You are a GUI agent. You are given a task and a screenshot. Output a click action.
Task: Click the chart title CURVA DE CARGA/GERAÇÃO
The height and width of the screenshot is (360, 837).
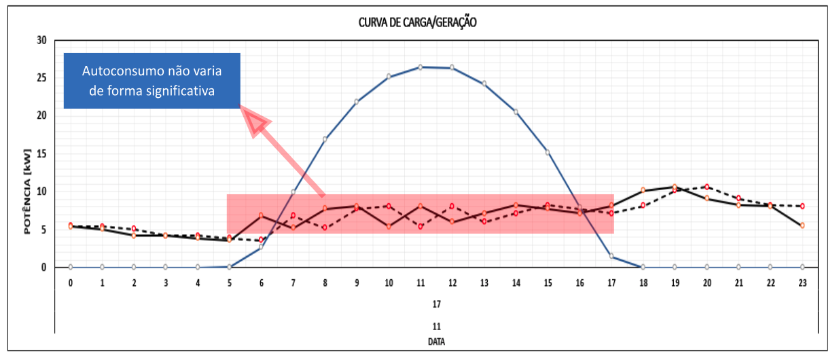tap(418, 22)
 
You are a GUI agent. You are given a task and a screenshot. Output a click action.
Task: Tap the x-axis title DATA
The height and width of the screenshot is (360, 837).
tap(437, 342)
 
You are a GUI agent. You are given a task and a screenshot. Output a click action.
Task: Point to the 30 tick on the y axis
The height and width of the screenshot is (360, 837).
tap(41, 40)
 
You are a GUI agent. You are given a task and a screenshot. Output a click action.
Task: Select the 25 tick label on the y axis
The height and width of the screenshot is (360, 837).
tap(41, 78)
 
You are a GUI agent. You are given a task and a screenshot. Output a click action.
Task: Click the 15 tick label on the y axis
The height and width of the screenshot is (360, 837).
tap(41, 154)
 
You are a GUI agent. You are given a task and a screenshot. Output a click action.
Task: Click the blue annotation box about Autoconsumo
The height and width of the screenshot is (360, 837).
tap(152, 81)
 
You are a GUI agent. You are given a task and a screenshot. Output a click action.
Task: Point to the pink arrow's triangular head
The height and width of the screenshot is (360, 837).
tap(257, 123)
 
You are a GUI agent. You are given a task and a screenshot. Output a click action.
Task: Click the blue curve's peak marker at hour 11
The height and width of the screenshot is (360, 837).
tap(421, 67)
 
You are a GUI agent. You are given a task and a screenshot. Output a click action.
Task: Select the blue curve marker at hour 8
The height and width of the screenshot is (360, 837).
tap(325, 139)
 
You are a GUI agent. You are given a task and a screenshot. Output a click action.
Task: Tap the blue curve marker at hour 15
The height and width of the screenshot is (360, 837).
tap(548, 152)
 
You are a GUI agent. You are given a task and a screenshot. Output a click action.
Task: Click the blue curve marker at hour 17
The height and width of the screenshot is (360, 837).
tap(611, 256)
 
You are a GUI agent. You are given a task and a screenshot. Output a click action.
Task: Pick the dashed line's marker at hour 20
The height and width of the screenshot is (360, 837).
tap(707, 187)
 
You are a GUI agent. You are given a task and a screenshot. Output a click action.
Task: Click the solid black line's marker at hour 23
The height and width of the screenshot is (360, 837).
tap(802, 225)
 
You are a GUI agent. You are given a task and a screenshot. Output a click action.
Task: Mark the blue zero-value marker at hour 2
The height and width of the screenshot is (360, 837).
tap(134, 267)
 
